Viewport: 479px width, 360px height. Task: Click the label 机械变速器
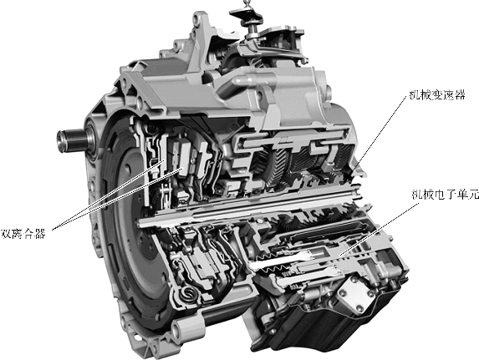click(437, 95)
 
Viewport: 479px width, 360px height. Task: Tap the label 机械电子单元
click(446, 195)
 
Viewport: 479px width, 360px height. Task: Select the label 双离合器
click(23, 234)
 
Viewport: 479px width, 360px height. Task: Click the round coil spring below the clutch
click(186, 294)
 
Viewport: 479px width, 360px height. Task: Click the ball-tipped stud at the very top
click(245, 3)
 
